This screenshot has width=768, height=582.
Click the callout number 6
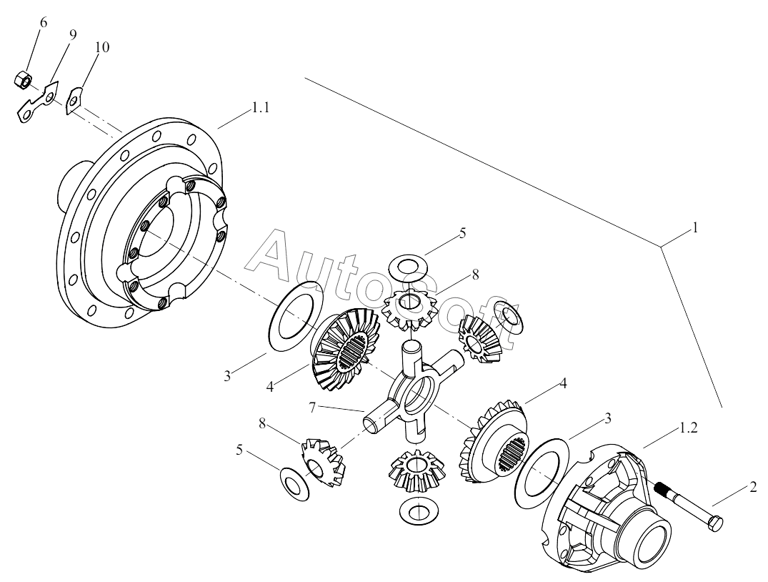coord(44,23)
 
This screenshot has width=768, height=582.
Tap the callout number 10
coord(101,48)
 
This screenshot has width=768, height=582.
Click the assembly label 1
coord(694,229)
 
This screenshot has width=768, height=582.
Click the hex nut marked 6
coord(22,79)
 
